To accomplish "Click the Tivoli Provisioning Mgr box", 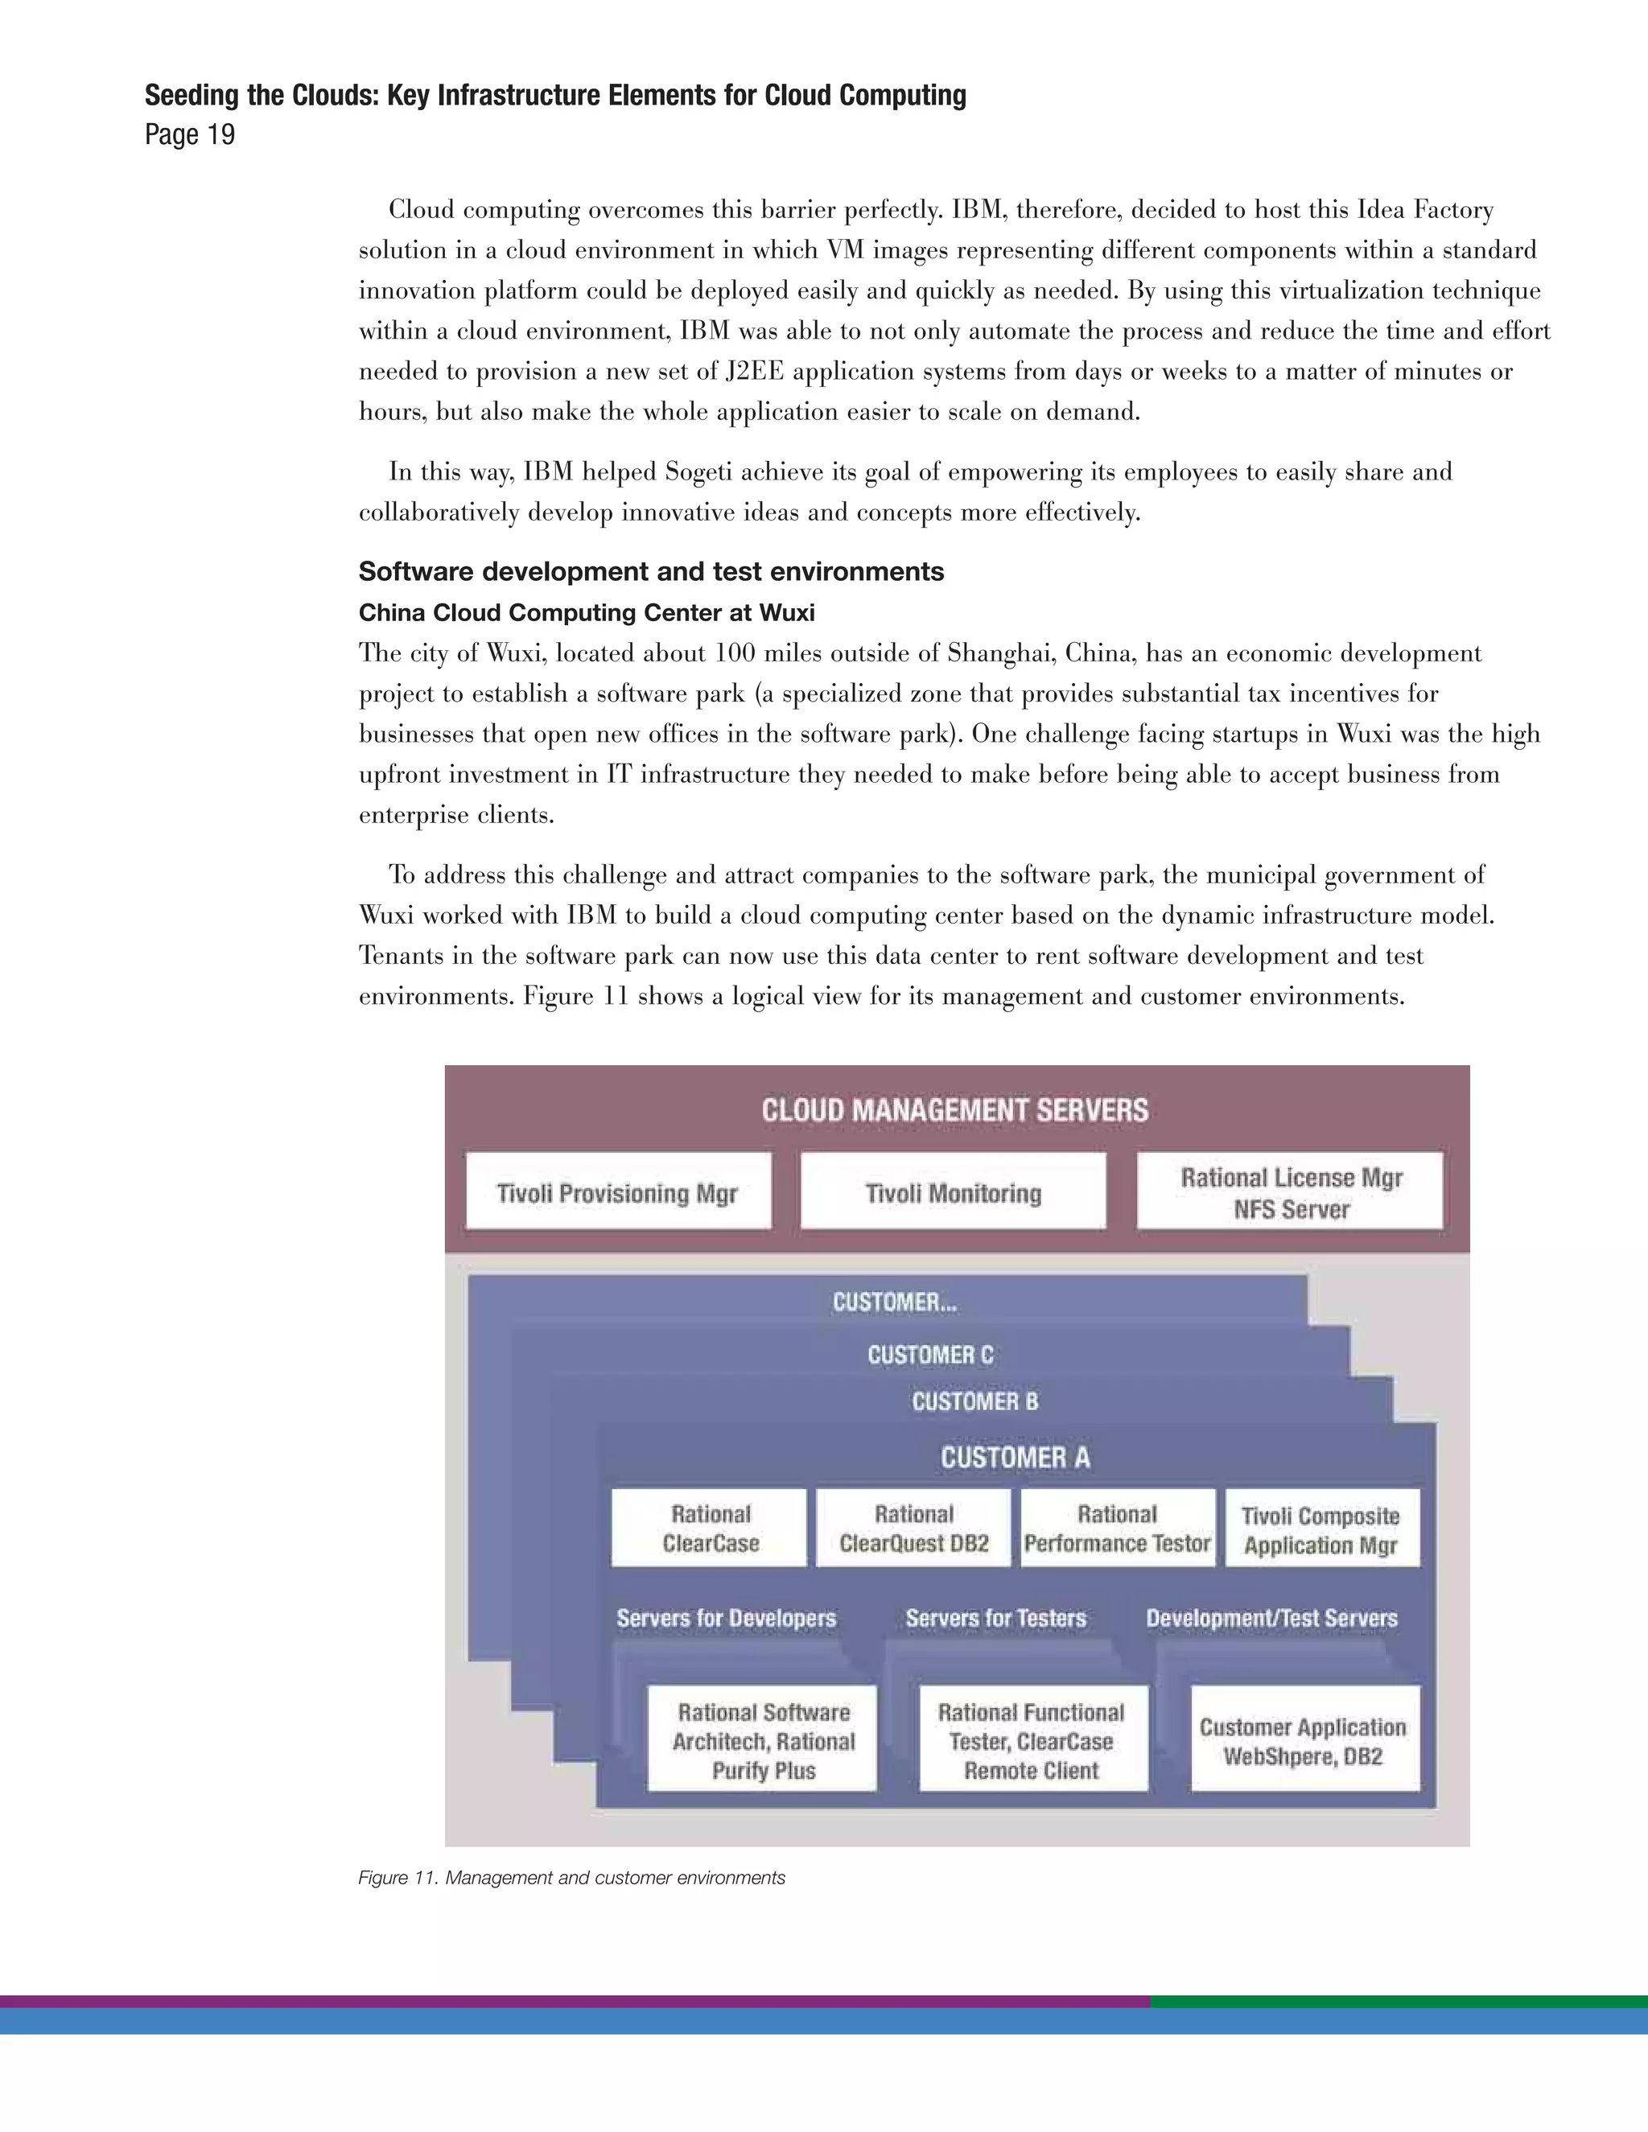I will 618,1191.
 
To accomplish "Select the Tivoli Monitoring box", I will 953,1191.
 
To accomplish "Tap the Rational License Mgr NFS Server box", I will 1290,1191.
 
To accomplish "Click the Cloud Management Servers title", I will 955,1110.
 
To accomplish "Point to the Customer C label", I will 929,1355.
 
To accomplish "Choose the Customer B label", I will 974,1401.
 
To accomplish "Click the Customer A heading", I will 1016,1458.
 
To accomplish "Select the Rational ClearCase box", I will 710,1528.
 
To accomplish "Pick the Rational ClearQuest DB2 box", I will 914,1528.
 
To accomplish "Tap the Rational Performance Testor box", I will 1118,1528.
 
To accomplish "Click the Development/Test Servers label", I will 1271,1619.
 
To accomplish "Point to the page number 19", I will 191,134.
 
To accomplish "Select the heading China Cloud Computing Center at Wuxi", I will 586,613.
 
